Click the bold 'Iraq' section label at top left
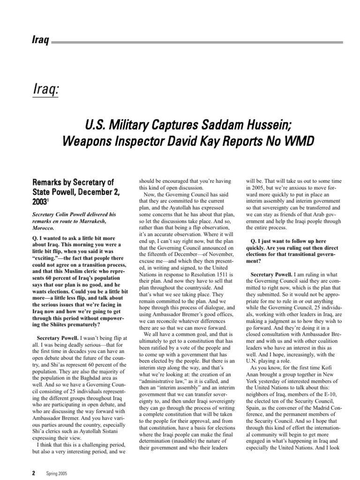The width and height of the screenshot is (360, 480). [x=40, y=40]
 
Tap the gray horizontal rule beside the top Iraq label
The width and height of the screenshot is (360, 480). [x=197, y=42]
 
